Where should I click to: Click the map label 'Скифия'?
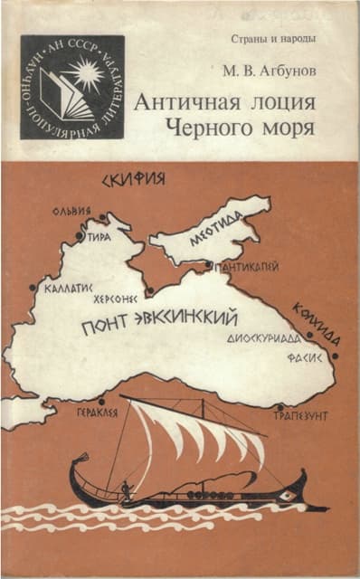135,177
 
